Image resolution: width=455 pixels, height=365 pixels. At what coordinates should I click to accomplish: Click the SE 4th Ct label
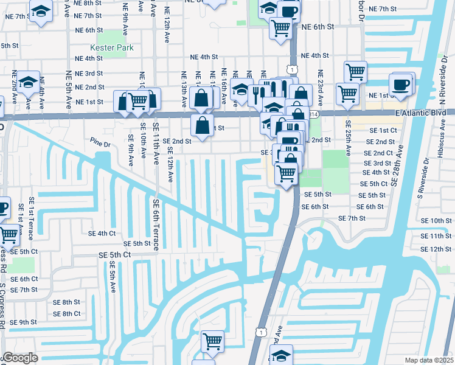point(102,233)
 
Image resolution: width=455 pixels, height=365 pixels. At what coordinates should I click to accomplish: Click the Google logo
point(19,358)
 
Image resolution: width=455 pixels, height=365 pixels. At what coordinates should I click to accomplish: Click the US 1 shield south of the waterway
point(260,332)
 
